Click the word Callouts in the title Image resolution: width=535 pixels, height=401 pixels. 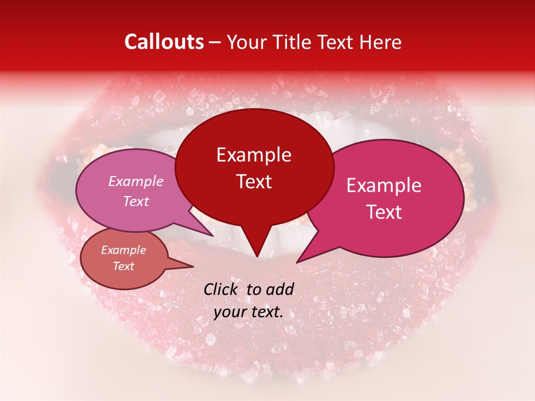[x=164, y=42]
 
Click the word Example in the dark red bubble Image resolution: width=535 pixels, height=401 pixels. [x=254, y=155]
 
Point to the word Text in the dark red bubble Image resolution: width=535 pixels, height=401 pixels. [x=254, y=182]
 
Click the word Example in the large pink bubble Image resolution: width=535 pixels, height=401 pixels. [x=384, y=185]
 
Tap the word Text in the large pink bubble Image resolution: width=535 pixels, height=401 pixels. [x=384, y=212]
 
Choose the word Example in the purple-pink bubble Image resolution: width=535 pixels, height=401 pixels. [x=136, y=181]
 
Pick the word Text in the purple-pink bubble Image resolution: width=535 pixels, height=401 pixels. [x=136, y=201]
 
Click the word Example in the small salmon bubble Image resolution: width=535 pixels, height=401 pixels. [x=123, y=250]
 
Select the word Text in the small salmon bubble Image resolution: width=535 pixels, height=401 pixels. [x=123, y=266]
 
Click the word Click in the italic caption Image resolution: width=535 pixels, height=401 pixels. [x=222, y=289]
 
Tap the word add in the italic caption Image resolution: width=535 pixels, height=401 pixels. [x=280, y=289]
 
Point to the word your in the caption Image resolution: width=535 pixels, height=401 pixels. [x=230, y=312]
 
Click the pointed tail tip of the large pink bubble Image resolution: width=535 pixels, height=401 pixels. [x=297, y=262]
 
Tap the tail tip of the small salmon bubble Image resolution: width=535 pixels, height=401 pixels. [x=193, y=267]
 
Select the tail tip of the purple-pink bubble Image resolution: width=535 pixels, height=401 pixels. [x=213, y=236]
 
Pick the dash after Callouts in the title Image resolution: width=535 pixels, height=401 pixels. [x=215, y=42]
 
